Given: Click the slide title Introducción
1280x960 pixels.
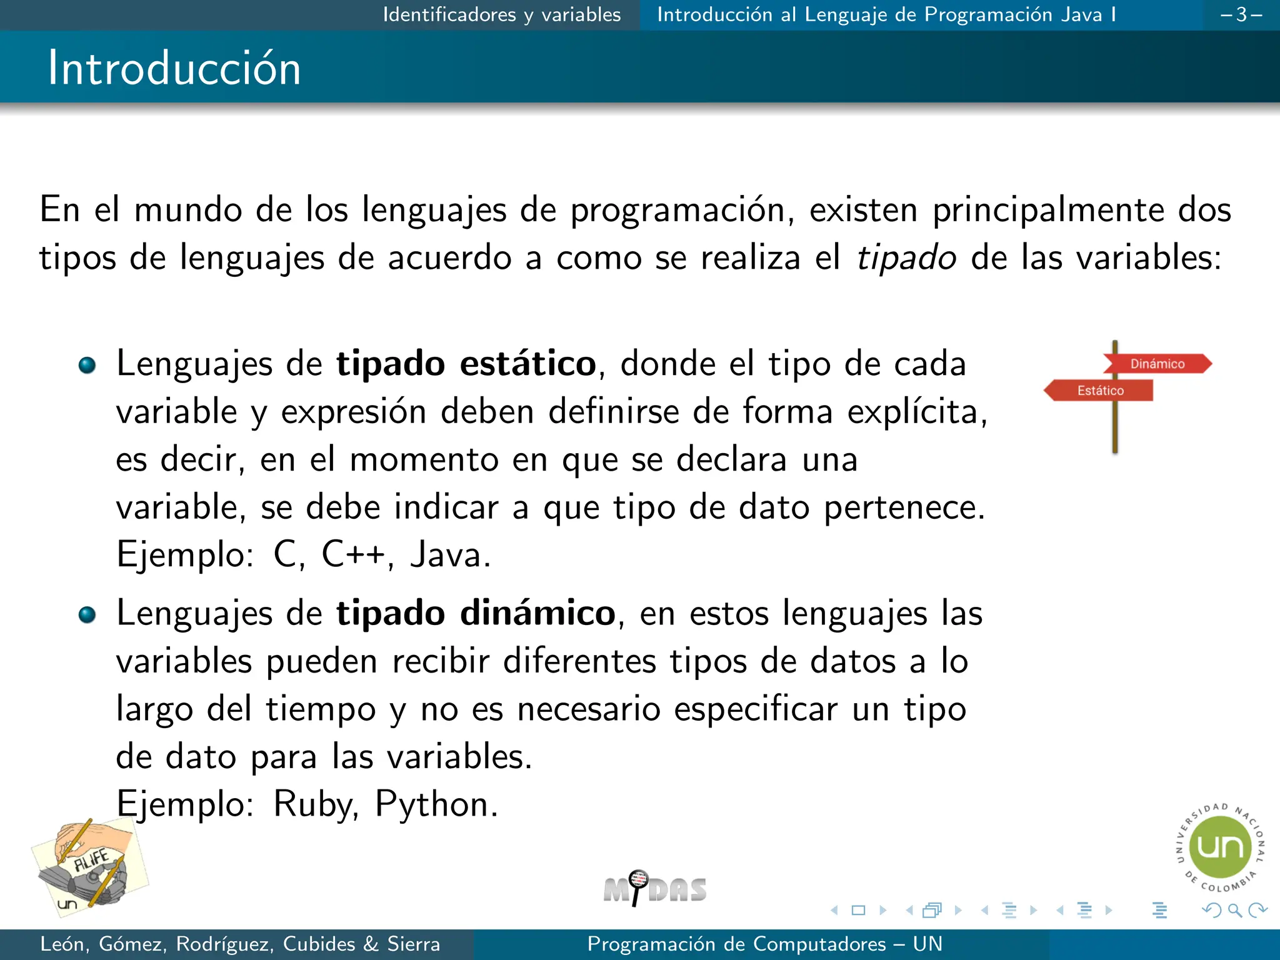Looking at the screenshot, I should pyautogui.click(x=174, y=67).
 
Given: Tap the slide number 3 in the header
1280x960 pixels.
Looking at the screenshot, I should pyautogui.click(x=1241, y=14).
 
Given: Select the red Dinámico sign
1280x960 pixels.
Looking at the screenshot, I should pyautogui.click(x=1157, y=364).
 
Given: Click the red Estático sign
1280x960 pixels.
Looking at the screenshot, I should pyautogui.click(x=1100, y=391).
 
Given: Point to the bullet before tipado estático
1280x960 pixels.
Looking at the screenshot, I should pyautogui.click(x=87, y=365).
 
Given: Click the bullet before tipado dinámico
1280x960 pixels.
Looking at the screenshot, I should pyautogui.click(x=87, y=615).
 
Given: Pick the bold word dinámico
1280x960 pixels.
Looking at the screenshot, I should pyautogui.click(x=538, y=613).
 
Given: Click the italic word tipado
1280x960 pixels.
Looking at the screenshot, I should pyautogui.click(x=906, y=257).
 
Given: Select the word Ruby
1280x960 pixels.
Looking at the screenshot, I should pyautogui.click(x=312, y=804).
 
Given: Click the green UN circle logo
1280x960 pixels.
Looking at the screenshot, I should pyautogui.click(x=1219, y=847).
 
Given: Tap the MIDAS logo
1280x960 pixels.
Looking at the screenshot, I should pyautogui.click(x=654, y=888).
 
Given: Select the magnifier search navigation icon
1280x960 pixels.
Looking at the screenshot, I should pyautogui.click(x=1234, y=910).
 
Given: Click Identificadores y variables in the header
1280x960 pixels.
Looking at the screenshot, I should pyautogui.click(x=501, y=14).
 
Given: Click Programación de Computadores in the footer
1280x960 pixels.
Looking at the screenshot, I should pyautogui.click(x=736, y=944).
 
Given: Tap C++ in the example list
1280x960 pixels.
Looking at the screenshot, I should pyautogui.click(x=352, y=554).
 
